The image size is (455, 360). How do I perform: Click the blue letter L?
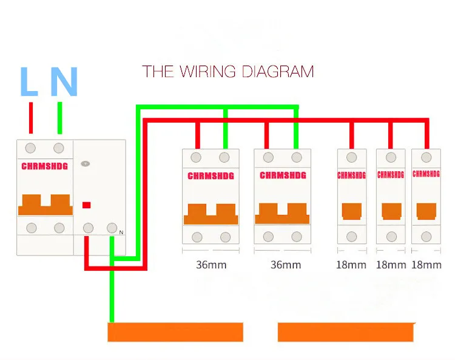29,81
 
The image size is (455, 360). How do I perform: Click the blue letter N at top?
64,81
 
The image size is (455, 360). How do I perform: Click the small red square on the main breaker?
87,205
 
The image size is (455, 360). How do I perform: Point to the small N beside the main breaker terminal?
121,233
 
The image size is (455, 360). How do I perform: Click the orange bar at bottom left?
175,332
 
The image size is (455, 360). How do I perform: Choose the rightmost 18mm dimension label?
426,265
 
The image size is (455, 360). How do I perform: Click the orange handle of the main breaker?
45,205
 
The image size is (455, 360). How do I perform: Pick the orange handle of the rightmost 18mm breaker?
426,211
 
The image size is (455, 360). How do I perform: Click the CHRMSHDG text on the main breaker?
45,165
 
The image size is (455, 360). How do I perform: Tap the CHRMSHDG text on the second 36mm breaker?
283,175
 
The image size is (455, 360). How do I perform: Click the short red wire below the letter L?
31,118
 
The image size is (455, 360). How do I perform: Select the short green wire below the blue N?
59,118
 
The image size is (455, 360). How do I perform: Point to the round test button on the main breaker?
86,163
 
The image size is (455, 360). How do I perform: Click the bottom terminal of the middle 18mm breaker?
391,236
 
